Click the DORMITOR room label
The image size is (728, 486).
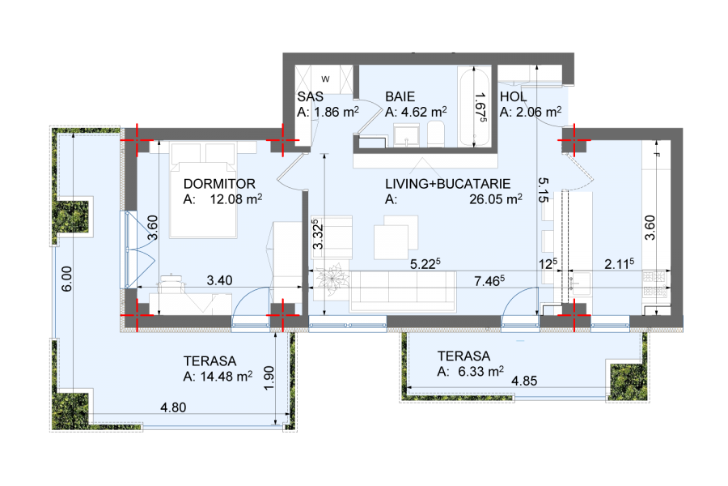click(x=219, y=184)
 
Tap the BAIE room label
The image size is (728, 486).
click(x=400, y=96)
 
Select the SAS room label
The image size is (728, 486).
click(x=310, y=96)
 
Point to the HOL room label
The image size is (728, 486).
click(x=513, y=96)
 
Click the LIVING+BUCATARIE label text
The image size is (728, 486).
click(x=447, y=184)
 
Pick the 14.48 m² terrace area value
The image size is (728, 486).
click(x=226, y=376)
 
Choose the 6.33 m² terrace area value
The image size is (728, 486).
click(x=480, y=371)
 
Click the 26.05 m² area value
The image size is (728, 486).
click(x=495, y=199)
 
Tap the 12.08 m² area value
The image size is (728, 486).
click(x=236, y=199)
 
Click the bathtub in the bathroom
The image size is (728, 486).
click(x=474, y=106)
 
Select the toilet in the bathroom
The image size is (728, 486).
click(x=435, y=134)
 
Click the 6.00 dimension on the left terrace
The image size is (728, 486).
click(x=67, y=279)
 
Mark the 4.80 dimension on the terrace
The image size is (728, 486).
click(x=173, y=407)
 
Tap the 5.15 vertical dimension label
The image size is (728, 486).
click(x=544, y=190)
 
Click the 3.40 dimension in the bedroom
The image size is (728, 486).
click(x=219, y=280)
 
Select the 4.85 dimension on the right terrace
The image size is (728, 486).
click(x=524, y=381)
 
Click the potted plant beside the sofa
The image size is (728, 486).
click(x=332, y=279)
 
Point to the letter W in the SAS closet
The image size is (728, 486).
click(x=325, y=79)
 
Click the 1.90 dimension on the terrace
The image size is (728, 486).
click(x=269, y=378)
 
